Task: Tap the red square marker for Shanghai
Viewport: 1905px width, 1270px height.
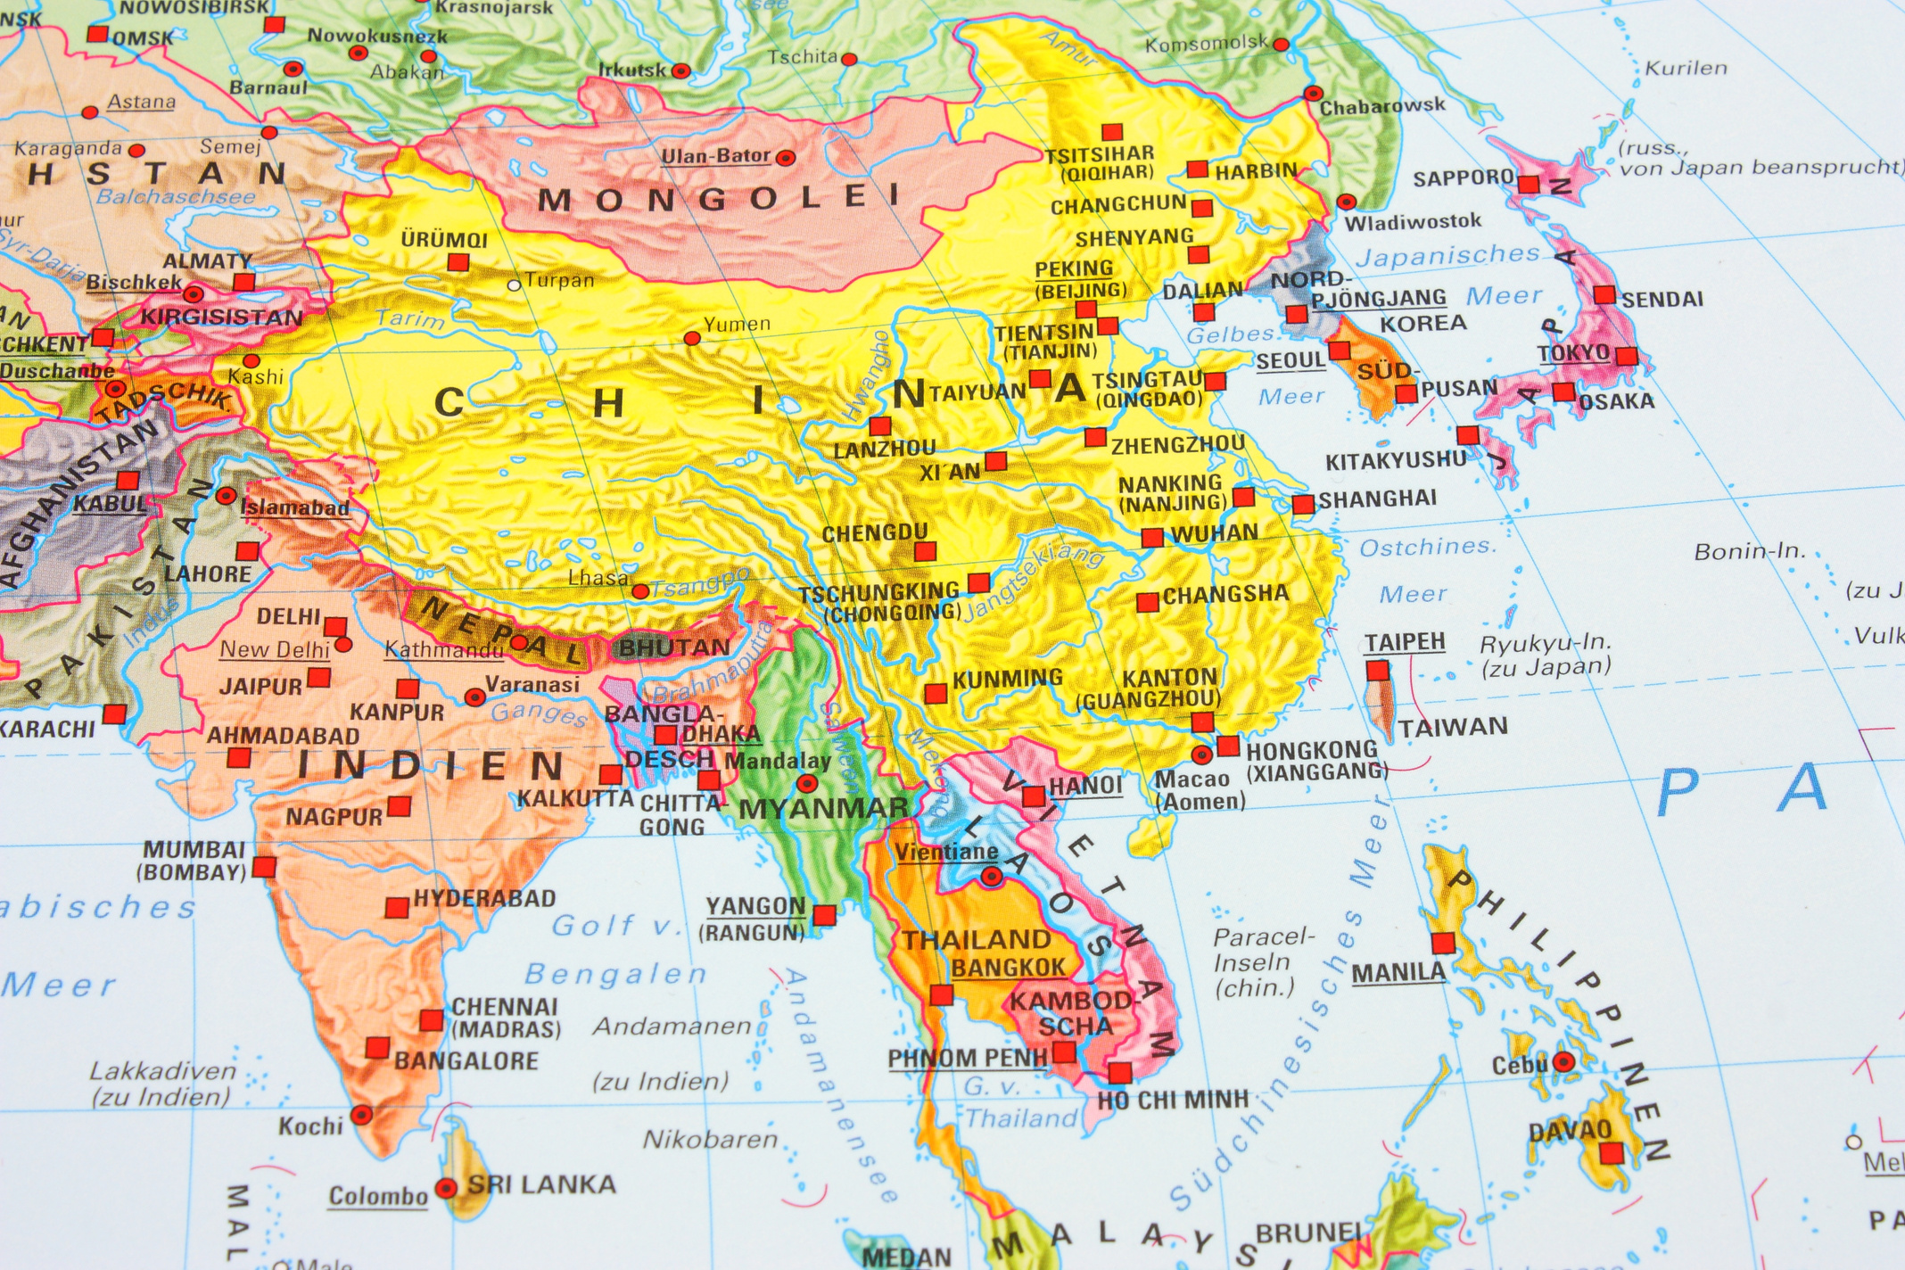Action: click(x=1303, y=505)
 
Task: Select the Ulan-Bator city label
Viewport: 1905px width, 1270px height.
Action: click(x=715, y=156)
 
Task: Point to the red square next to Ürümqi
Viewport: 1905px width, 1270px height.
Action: click(x=458, y=262)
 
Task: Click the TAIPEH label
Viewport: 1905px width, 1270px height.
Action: click(x=1405, y=642)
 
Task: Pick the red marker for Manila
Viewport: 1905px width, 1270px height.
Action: click(x=1442, y=943)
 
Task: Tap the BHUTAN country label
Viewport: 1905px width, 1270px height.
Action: click(x=674, y=647)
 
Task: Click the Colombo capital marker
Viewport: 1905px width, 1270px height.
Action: click(x=446, y=1188)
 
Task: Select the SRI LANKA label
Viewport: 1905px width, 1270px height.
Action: click(x=542, y=1185)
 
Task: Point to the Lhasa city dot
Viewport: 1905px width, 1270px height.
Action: click(x=640, y=591)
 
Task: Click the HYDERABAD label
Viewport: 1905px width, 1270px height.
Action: click(x=484, y=898)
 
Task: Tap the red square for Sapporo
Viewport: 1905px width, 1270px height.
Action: click(x=1529, y=185)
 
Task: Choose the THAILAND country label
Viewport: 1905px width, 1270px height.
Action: click(x=977, y=940)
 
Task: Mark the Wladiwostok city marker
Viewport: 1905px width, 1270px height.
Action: click(x=1347, y=202)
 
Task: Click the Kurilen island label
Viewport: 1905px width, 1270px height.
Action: click(x=1686, y=69)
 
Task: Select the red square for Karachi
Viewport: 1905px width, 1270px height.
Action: click(x=114, y=713)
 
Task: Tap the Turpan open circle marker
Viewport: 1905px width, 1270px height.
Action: click(x=514, y=285)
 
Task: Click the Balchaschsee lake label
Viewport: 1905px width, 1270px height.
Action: click(x=176, y=197)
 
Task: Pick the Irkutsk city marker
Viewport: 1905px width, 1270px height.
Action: click(x=681, y=70)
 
